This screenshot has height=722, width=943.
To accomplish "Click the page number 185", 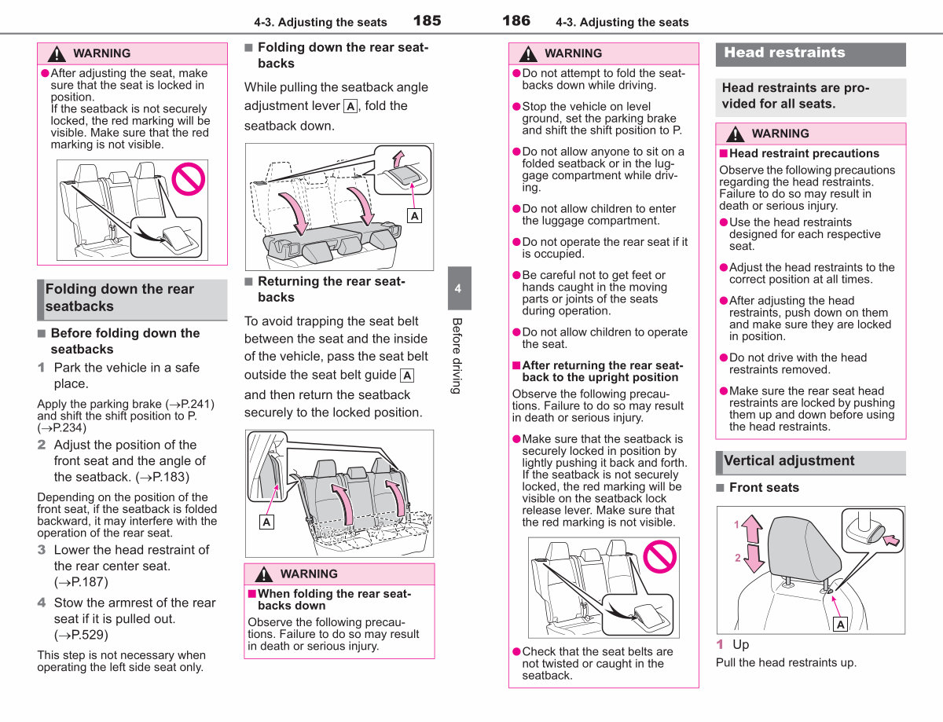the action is coord(427,20).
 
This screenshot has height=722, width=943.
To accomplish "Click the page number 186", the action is coord(516,20).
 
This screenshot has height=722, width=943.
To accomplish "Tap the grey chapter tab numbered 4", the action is coord(459,288).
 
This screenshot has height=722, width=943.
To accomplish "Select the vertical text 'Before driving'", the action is coord(457,356).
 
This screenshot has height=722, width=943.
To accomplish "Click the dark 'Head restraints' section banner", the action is coord(810,54).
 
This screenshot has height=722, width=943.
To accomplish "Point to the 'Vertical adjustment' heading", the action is coord(788,460).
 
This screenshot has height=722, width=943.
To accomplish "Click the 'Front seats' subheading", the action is coord(764,487).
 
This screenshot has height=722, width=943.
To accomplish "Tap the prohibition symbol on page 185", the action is coord(189,179).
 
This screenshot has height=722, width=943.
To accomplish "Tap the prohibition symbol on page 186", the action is coord(659,556).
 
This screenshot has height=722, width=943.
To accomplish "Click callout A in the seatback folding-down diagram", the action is coord(414,215).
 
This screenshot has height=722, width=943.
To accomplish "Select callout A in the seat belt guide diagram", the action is coord(266,522).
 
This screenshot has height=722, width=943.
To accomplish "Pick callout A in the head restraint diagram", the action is coord(841,625).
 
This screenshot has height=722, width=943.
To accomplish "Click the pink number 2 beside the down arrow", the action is coord(737,558).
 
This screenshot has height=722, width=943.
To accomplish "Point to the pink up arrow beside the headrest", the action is coord(752,529).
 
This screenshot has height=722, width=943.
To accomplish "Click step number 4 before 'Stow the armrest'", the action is coord(42,603).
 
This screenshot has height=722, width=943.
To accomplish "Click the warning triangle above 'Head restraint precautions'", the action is coord(735,134).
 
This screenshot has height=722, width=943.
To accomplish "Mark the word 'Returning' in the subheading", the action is coord(288,281).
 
